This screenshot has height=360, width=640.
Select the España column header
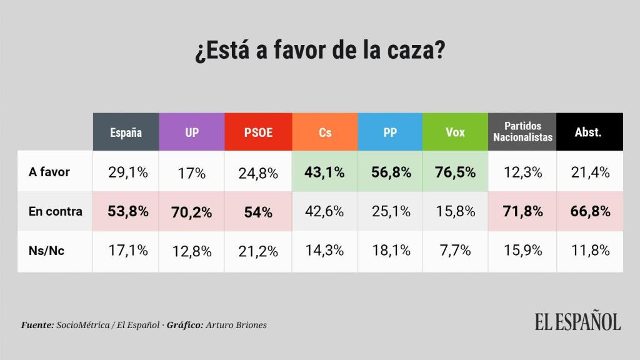click(x=126, y=132)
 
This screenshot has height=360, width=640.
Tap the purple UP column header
click(x=192, y=132)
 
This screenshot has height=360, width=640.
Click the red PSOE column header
click(x=258, y=132)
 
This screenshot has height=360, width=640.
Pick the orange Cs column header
click(x=324, y=132)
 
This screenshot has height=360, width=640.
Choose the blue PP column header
click(x=391, y=132)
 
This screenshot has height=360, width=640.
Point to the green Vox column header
click(x=456, y=132)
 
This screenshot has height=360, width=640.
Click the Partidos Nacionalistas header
click(x=522, y=132)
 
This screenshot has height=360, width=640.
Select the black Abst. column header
click(x=588, y=132)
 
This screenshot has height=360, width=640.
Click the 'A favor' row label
click(x=49, y=172)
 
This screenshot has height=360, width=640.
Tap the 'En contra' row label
click(x=55, y=211)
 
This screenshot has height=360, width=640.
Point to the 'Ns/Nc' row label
click(x=46, y=250)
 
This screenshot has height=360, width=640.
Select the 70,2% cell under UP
click(x=192, y=212)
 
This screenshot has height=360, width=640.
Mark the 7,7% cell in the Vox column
click(x=456, y=251)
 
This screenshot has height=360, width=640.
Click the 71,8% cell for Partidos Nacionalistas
click(x=522, y=211)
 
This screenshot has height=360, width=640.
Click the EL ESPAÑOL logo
click(x=577, y=322)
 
